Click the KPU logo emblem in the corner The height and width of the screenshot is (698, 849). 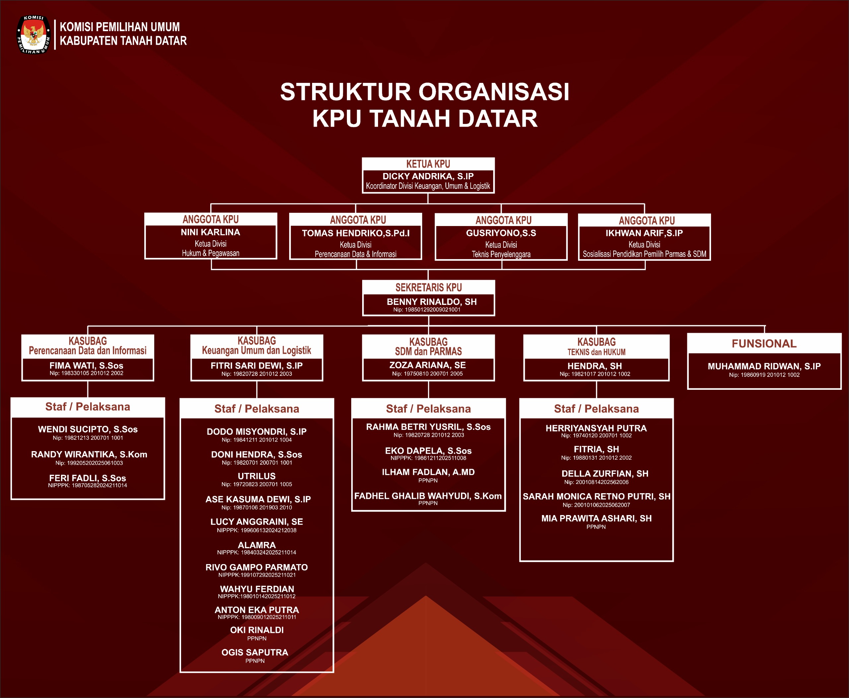coord(33,34)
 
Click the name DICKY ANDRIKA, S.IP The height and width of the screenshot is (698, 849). coord(428,176)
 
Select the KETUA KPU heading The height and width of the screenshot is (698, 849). coord(428,164)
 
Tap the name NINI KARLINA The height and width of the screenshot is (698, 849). coord(211,232)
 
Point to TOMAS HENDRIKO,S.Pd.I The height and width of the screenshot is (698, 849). coord(356,233)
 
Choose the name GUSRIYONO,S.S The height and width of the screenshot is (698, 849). coord(501,233)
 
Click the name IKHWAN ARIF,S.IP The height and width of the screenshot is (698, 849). coord(644,233)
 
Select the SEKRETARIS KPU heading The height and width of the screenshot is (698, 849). coord(428,287)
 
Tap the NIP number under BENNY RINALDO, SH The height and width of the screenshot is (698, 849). coord(426,310)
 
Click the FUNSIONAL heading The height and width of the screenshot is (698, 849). coord(764,344)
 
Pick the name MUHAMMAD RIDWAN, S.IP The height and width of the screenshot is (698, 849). coord(764,366)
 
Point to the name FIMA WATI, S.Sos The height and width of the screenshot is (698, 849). coord(87,366)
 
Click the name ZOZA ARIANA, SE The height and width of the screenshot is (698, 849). coord(427,365)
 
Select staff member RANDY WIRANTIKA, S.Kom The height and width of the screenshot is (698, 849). coord(89,454)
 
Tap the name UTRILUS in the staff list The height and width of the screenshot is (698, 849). coord(257,476)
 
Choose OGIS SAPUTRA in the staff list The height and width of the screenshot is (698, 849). coord(255,652)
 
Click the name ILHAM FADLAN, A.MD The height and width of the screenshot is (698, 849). coord(428,472)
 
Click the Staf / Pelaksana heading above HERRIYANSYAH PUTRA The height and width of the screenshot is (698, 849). coord(596,409)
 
